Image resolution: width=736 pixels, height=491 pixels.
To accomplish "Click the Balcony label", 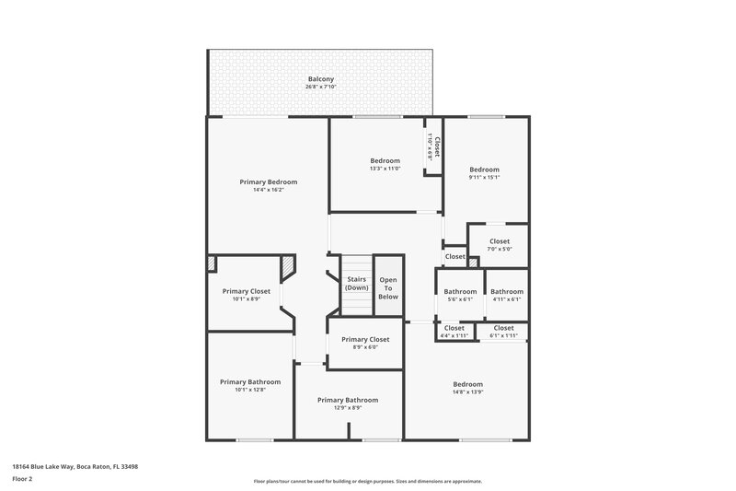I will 321,79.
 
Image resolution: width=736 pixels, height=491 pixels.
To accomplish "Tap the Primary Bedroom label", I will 268,181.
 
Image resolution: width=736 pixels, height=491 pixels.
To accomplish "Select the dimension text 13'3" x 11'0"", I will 385,169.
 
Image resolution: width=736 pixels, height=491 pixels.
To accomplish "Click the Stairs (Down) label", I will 356,283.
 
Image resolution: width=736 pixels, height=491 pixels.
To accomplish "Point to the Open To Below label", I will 388,287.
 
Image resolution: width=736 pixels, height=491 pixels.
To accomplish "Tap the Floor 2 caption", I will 22,480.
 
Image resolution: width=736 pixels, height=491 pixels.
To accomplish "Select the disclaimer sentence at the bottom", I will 367,481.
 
